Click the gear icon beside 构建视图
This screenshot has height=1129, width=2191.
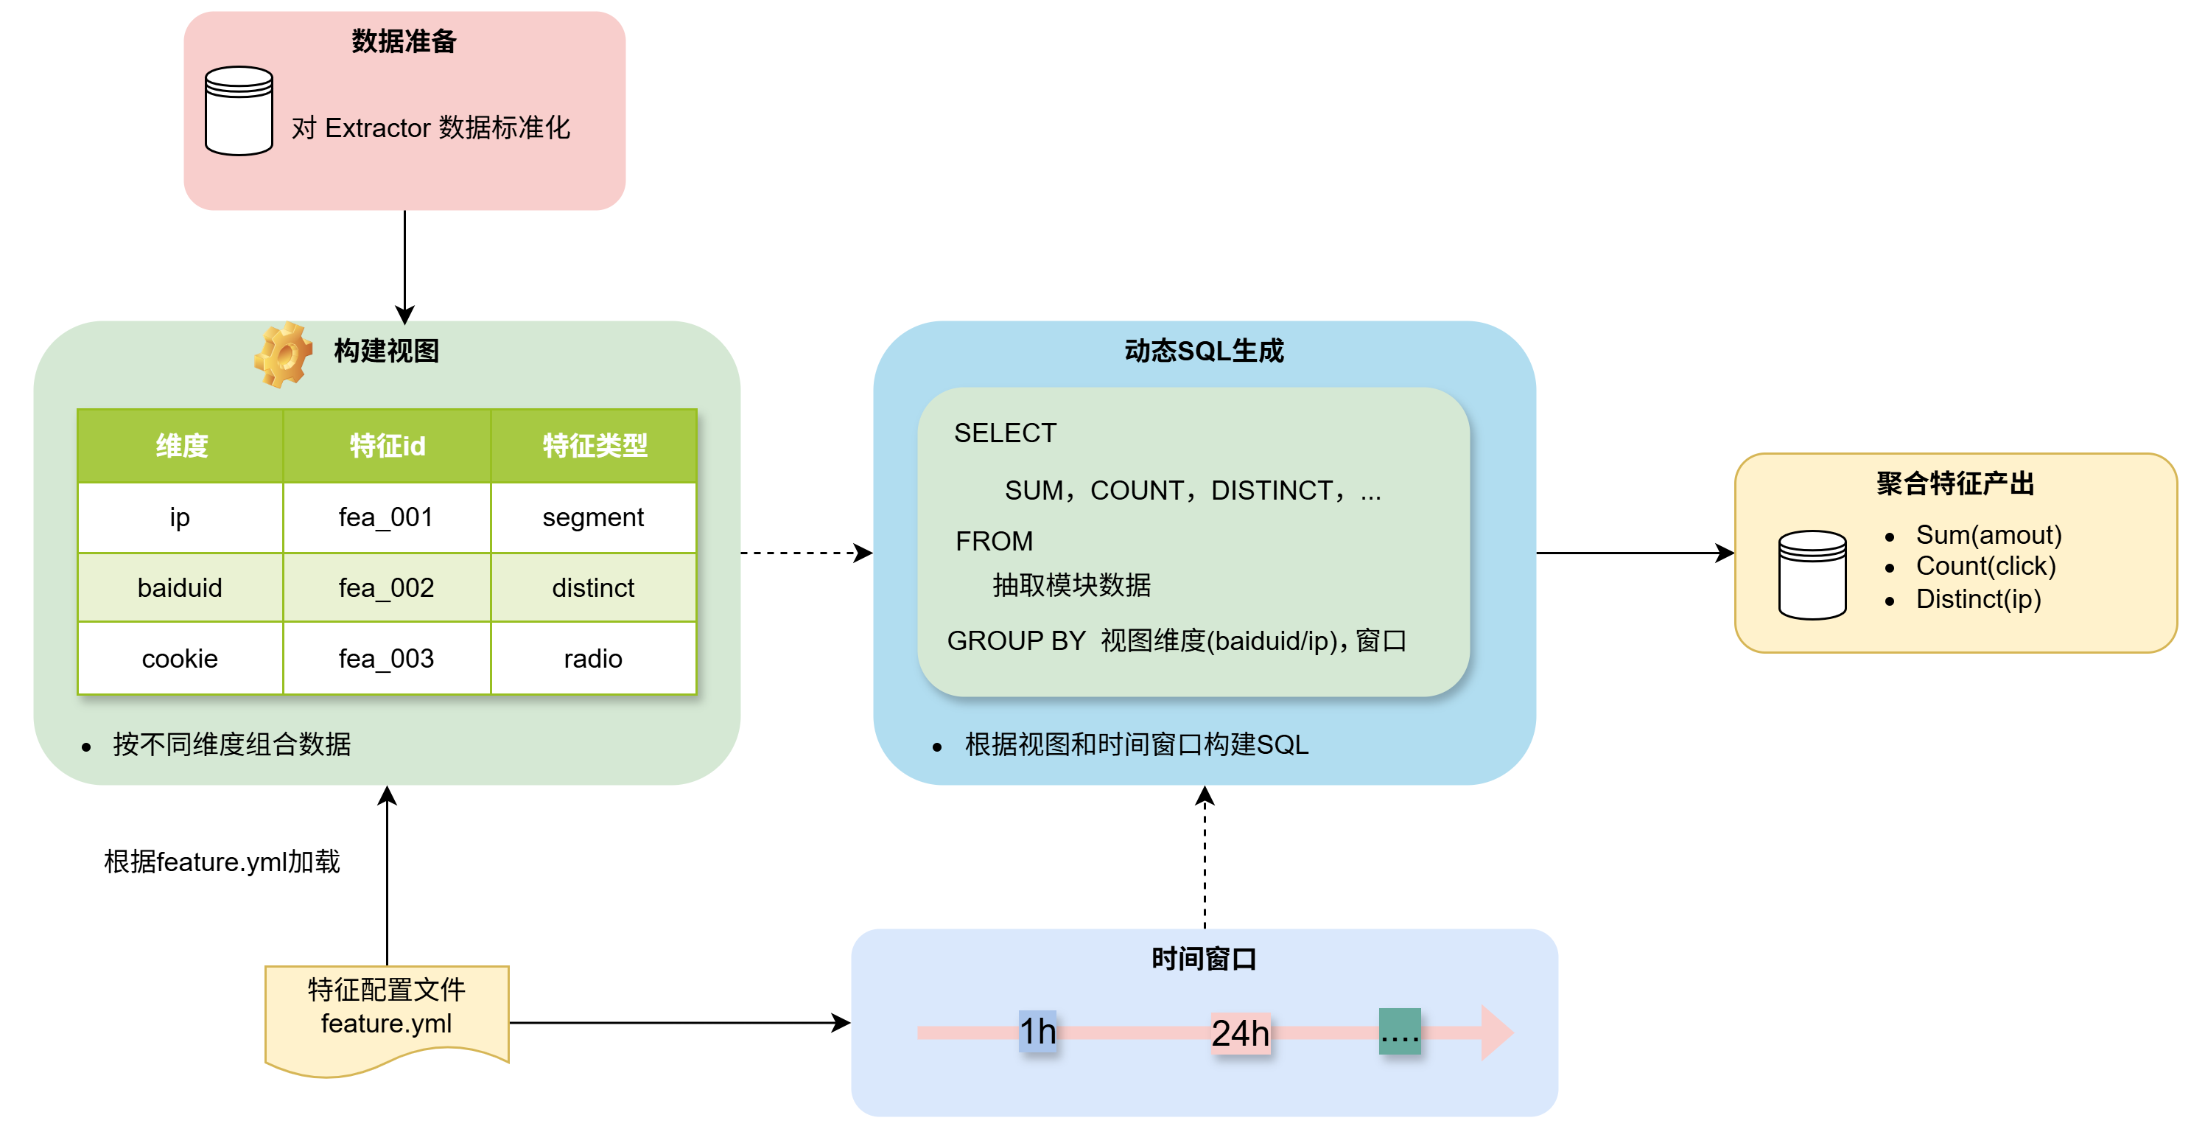[283, 354]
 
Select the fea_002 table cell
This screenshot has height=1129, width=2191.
[386, 588]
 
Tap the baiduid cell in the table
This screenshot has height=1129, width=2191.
[180, 588]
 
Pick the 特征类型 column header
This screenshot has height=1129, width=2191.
[594, 445]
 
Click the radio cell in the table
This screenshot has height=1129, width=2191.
[593, 659]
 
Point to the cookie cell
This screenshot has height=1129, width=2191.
[180, 659]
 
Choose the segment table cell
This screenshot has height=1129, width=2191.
[593, 517]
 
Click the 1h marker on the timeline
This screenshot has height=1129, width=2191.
[1037, 1031]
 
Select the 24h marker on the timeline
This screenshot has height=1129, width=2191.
[1240, 1033]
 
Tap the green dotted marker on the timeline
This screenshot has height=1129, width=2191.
[1399, 1031]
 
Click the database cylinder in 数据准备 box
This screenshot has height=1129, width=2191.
[239, 111]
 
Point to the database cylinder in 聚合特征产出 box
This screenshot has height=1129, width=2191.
[1812, 574]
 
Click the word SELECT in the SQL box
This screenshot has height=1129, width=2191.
[1004, 433]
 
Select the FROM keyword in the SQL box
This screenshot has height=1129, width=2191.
[993, 541]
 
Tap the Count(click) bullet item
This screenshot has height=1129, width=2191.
[1985, 566]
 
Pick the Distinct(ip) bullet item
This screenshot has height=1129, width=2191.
[1977, 599]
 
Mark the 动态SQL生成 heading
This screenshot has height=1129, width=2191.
[1204, 351]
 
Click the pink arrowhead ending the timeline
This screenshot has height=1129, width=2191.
[1496, 1032]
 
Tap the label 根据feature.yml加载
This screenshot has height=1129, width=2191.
[222, 861]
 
